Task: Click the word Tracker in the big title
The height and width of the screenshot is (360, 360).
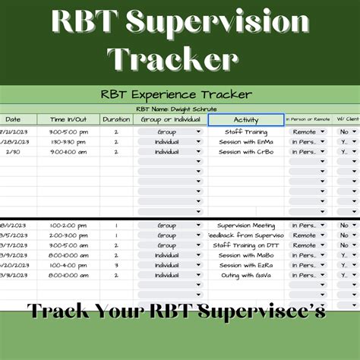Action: coord(173,58)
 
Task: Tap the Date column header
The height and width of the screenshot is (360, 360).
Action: coord(14,120)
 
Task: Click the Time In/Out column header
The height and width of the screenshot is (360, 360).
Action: coord(68,120)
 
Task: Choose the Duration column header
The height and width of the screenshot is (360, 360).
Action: coord(116,120)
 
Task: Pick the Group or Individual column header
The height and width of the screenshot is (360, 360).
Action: coord(169,120)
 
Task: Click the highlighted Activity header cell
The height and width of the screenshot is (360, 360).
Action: coord(246,120)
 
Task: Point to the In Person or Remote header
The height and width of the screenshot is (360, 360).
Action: coord(308,120)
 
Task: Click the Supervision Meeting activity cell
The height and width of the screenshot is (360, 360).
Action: coord(245,226)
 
